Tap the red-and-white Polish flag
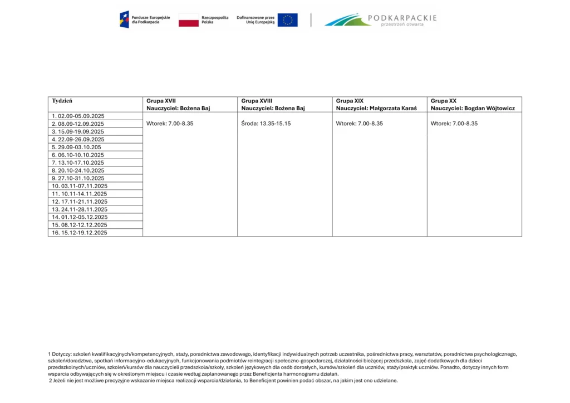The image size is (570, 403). point(189,20)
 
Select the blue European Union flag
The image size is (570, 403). point(287,20)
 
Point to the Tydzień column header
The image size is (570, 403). point(62,101)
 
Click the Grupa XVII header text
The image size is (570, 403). point(161,101)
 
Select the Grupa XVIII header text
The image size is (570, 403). point(257,101)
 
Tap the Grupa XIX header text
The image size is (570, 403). point(350,101)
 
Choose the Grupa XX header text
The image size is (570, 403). point(444,101)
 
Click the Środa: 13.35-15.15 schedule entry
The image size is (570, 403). point(266,124)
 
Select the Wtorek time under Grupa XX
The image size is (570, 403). point(454,124)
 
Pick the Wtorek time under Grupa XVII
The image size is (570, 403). point(170,124)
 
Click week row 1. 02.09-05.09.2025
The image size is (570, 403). point(78,116)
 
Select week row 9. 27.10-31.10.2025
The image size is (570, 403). point(78,178)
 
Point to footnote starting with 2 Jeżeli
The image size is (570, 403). point(223,381)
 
